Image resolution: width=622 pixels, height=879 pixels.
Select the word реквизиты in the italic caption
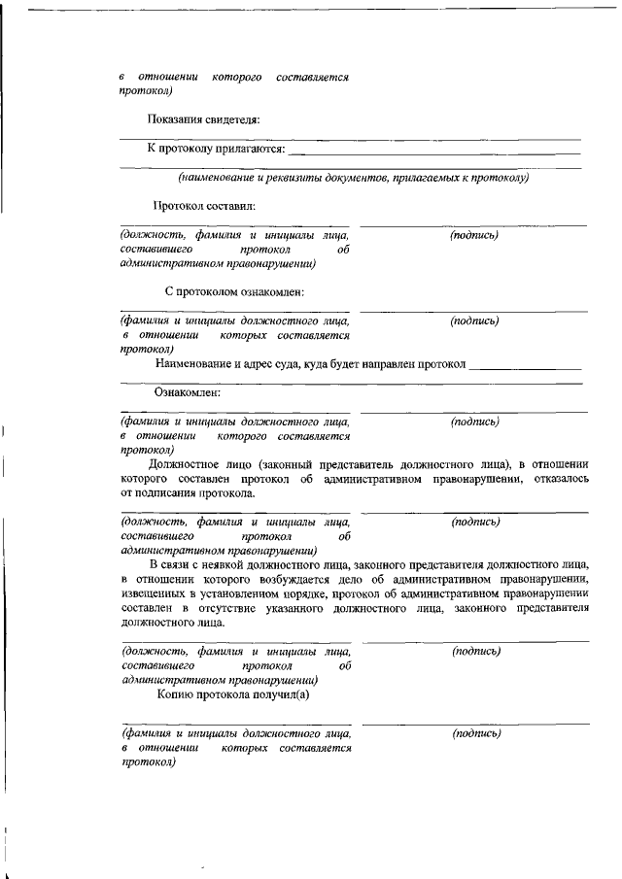click(310, 178)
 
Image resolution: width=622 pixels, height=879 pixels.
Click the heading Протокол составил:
click(203, 206)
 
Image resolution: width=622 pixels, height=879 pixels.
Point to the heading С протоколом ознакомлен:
click(235, 290)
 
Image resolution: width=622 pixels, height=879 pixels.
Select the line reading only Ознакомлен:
click(188, 392)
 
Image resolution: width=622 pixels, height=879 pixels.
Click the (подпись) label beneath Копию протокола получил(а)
click(476, 734)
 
